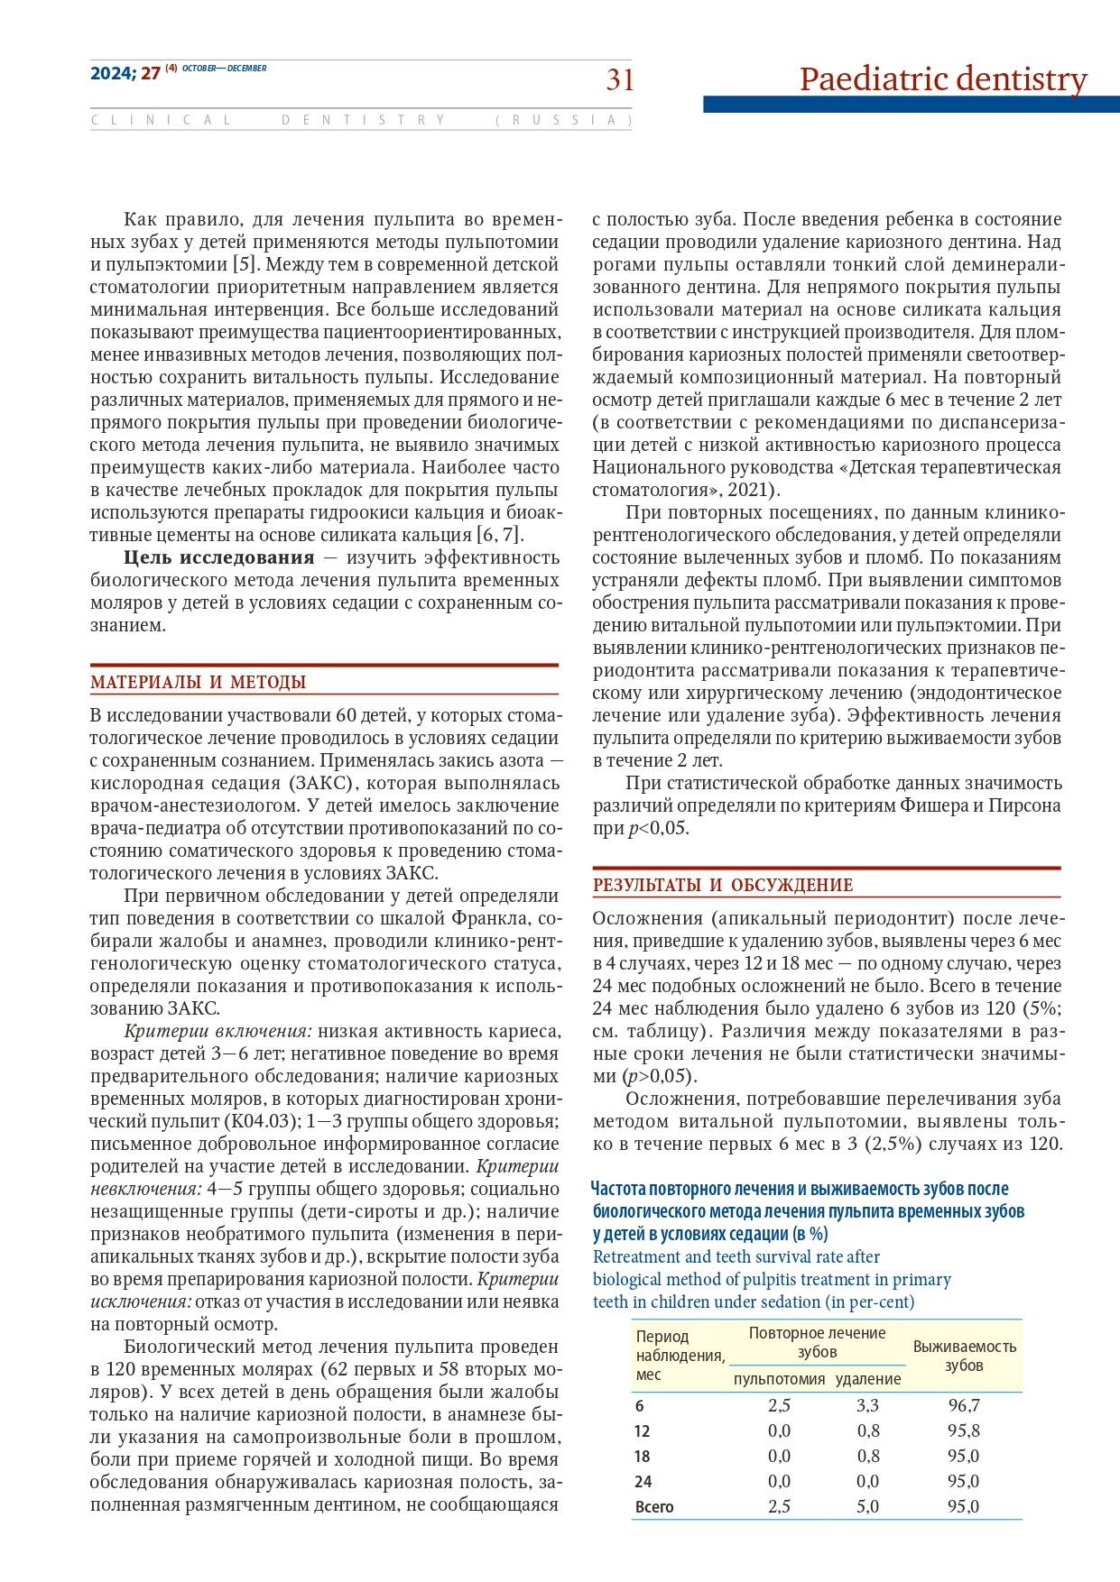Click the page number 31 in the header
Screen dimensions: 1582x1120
coord(619,80)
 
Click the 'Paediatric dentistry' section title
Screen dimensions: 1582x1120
coord(943,79)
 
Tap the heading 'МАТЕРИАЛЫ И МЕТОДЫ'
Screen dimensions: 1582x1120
coord(198,682)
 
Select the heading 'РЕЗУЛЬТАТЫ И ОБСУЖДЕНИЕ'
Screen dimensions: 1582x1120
coord(722,885)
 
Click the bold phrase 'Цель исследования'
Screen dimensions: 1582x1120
coord(219,556)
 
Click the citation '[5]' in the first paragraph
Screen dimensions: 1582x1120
coord(244,264)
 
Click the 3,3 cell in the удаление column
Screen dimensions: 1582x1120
coord(867,1405)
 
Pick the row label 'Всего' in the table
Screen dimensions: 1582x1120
coord(654,1506)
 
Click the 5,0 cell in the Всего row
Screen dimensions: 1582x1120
coord(867,1506)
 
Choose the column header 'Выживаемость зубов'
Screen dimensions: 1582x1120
coord(964,1356)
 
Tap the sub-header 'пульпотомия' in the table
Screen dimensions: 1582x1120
coord(779,1379)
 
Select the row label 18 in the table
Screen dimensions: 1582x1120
coord(643,1456)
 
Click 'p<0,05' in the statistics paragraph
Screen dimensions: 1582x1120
coord(658,829)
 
